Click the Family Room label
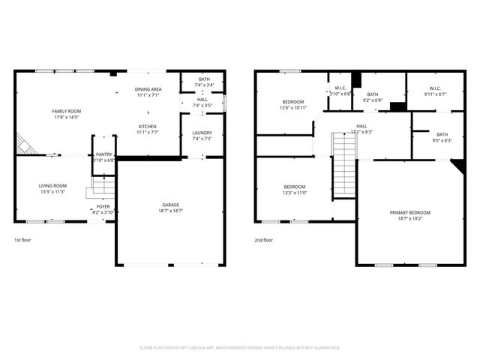click(x=66, y=111)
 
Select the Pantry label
click(x=103, y=154)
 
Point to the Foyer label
click(x=103, y=206)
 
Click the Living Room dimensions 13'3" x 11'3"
click(x=52, y=191)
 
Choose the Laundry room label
click(x=202, y=133)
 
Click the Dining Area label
click(x=148, y=89)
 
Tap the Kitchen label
click(x=148, y=126)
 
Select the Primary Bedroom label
click(x=409, y=212)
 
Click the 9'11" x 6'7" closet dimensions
click(x=434, y=94)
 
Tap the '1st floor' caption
click(x=23, y=240)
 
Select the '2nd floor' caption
click(x=263, y=240)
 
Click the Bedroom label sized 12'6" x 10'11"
click(x=293, y=102)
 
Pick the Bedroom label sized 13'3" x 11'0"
click(x=294, y=186)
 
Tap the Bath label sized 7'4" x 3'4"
click(x=204, y=79)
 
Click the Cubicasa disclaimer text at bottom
click(x=240, y=347)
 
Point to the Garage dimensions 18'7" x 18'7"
click(x=172, y=211)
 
